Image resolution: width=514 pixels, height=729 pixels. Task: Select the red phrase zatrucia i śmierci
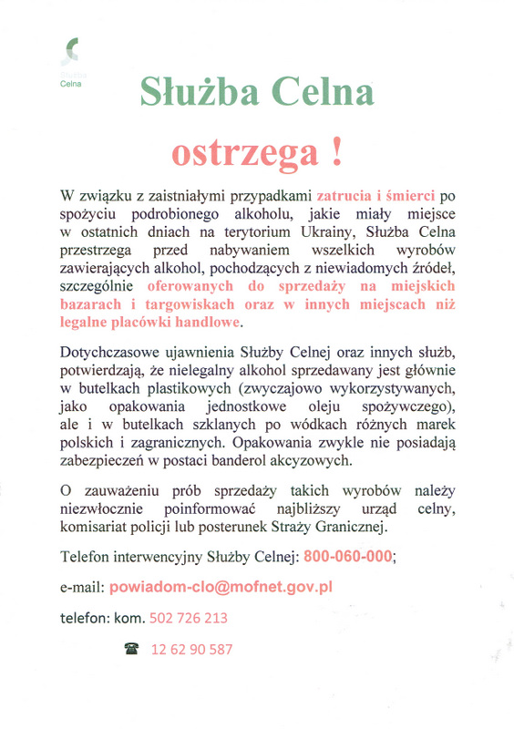coord(376,195)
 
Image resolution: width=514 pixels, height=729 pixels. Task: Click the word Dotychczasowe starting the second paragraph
coord(115,352)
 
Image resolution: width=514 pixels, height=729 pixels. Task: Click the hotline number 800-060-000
coord(348,556)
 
